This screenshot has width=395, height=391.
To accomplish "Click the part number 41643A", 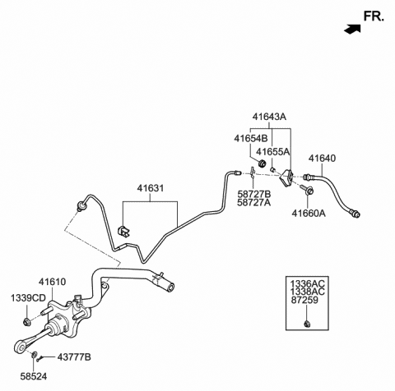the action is (x=269, y=117).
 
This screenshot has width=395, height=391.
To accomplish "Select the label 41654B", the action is (x=250, y=139).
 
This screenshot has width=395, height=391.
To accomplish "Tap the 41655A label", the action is (x=272, y=152).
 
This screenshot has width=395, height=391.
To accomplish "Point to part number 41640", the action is (x=322, y=159).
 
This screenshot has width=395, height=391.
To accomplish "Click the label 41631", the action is (x=151, y=188).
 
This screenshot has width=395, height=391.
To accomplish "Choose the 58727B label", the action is (x=254, y=194).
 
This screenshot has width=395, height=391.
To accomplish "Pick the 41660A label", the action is (x=309, y=213).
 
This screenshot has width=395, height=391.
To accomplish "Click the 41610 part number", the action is (x=52, y=282).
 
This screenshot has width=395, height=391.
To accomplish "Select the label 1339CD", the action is (x=28, y=298).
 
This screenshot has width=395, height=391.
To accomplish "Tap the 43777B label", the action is (x=74, y=357).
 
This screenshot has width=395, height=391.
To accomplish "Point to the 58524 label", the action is (x=34, y=376).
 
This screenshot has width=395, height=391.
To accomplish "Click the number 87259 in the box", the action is (x=304, y=300).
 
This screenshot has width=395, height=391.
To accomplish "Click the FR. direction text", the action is (x=374, y=16).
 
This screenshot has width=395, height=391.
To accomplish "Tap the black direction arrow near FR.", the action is (x=352, y=29).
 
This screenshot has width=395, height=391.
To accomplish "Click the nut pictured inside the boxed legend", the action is (x=307, y=324).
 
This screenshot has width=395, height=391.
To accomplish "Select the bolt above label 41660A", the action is (x=307, y=189).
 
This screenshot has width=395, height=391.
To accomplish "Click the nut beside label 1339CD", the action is (x=27, y=321).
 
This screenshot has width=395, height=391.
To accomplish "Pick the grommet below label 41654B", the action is (x=263, y=163).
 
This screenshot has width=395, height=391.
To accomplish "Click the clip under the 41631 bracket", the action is (x=123, y=231).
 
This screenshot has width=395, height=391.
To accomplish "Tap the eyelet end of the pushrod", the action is (x=21, y=347).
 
